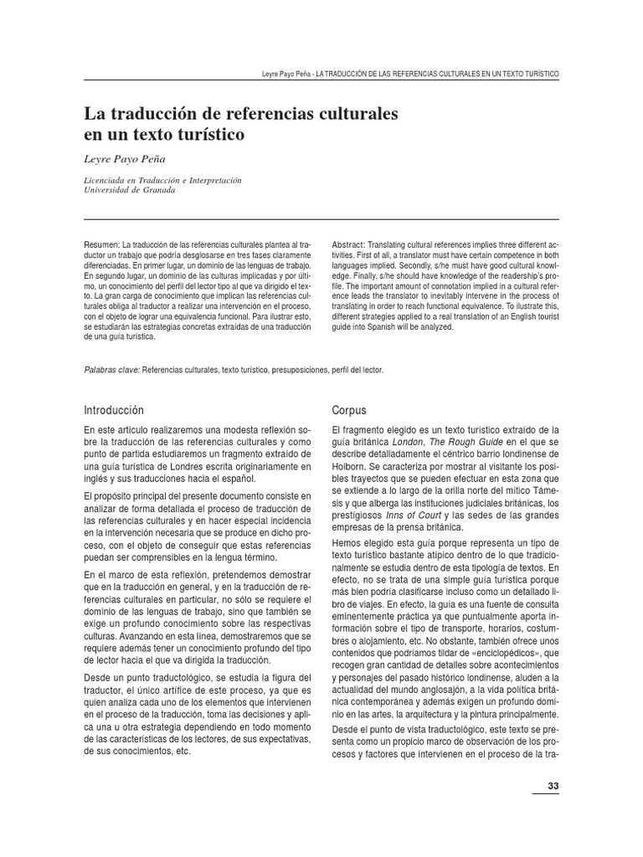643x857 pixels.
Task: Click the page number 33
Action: pos(552,785)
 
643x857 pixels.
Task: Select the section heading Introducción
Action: pos(114,410)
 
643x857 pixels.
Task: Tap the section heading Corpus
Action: pos(349,410)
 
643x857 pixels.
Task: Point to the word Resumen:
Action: pos(102,244)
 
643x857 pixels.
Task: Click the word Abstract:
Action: pos(350,244)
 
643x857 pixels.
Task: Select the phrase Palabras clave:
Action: pos(112,369)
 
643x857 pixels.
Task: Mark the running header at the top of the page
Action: pos(410,74)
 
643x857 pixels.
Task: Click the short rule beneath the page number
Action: pos(546,794)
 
